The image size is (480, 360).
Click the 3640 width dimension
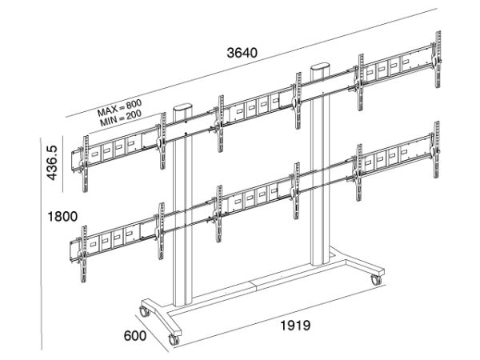(x=242, y=53)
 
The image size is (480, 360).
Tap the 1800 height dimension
(x=62, y=217)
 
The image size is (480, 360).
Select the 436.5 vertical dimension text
(x=51, y=163)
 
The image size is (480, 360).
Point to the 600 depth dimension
(x=135, y=336)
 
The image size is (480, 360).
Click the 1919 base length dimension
(x=295, y=326)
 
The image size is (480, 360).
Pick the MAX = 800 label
(x=119, y=108)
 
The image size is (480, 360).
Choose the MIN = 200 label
(x=121, y=118)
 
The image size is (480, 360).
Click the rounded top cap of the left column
(x=182, y=109)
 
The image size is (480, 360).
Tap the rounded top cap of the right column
(x=320, y=67)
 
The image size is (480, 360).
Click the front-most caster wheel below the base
(x=174, y=340)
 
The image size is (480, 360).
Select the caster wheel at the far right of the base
(x=376, y=280)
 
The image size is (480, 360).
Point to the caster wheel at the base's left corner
(x=144, y=311)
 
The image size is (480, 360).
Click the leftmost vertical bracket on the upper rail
(x=85, y=164)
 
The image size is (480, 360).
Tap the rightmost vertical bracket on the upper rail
(x=438, y=59)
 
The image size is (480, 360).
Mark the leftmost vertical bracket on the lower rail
(x=83, y=254)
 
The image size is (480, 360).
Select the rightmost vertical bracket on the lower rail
(x=437, y=150)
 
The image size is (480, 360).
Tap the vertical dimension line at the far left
(x=42, y=244)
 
